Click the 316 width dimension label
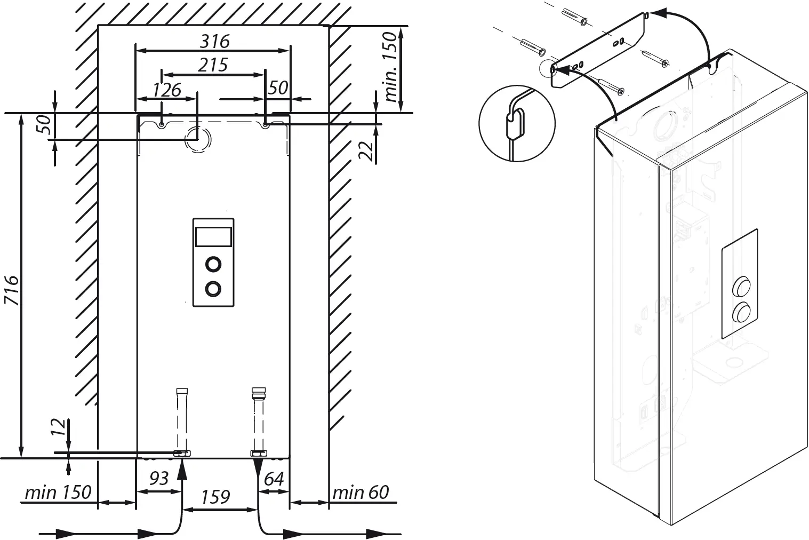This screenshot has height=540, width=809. tap(214, 41)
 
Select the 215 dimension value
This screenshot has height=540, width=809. tap(213, 65)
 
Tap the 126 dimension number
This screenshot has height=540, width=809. tap(167, 90)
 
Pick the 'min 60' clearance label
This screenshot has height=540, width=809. tap(361, 492)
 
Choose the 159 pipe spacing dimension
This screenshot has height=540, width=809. tap(215, 497)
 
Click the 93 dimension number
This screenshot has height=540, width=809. tap(158, 479)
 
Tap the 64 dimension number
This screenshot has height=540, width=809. tap(274, 479)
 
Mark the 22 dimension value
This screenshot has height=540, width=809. tap(366, 151)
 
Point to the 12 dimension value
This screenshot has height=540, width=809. tap(60, 427)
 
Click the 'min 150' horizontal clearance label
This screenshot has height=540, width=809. tap(58, 492)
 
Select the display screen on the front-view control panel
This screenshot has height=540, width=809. tap(213, 236)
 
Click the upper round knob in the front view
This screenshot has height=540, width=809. tap(213, 264)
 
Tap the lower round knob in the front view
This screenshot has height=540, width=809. tap(213, 289)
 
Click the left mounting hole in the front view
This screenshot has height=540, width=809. tap(162, 125)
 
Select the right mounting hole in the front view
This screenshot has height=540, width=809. tap(265, 125)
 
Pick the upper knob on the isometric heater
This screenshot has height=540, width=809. tap(740, 287)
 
